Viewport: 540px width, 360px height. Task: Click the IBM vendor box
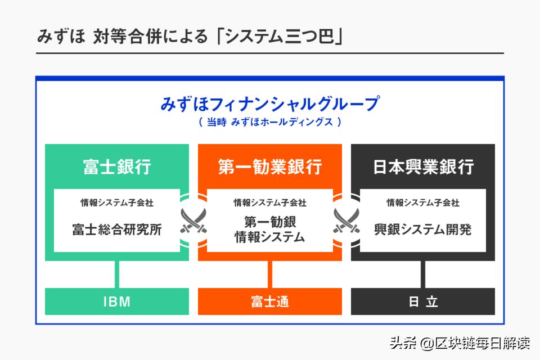point(117,301)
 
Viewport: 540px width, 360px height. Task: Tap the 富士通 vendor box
point(270,301)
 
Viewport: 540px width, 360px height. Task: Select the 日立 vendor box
point(423,301)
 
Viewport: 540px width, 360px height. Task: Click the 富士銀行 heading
point(117,166)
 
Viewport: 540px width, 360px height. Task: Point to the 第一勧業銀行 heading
point(270,166)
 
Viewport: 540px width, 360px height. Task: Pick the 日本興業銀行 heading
point(423,166)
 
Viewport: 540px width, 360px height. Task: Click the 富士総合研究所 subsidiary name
point(117,229)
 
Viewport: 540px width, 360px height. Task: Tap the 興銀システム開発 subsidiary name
point(423,229)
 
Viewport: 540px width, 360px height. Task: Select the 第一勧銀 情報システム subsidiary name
point(270,229)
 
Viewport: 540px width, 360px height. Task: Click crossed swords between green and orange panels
point(193,220)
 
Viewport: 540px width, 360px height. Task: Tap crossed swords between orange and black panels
point(346,220)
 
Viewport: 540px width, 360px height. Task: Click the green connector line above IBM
point(117,274)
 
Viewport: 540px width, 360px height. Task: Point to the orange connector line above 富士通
point(270,274)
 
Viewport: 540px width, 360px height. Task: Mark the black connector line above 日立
point(423,274)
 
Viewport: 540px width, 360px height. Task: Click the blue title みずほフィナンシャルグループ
point(270,104)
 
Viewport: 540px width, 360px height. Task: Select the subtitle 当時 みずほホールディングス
point(270,121)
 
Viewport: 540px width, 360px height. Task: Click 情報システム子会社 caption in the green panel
point(117,203)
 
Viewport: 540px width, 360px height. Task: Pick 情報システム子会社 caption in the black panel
point(423,203)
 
